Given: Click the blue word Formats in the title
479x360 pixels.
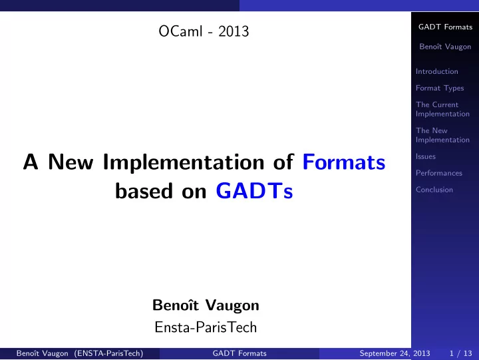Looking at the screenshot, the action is (x=344, y=162).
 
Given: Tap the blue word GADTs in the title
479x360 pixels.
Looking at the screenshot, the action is (x=254, y=191).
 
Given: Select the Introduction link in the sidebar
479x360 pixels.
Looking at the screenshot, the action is (x=437, y=71).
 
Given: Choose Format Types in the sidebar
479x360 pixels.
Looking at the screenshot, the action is (x=440, y=88).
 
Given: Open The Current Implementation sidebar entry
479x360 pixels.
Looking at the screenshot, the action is (x=442, y=109).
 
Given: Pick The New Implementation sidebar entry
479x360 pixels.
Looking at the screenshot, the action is (x=442, y=135).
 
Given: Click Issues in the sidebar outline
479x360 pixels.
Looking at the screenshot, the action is (x=426, y=156).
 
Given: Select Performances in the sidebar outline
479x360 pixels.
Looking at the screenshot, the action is (x=439, y=173).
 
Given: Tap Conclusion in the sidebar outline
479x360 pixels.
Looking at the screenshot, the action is (x=434, y=190).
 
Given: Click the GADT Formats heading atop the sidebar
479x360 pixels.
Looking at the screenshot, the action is (x=445, y=27).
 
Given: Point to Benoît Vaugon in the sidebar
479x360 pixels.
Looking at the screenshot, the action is (x=445, y=47).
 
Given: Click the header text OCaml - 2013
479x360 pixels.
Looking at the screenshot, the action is (x=204, y=31).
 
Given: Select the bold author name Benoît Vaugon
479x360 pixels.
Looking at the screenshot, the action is (x=206, y=305).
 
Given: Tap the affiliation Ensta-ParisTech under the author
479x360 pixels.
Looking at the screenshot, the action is (x=206, y=327).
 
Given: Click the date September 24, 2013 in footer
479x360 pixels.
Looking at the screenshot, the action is (x=395, y=353).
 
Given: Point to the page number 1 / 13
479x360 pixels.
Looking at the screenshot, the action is (x=460, y=353).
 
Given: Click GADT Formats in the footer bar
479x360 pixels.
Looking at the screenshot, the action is (x=239, y=353).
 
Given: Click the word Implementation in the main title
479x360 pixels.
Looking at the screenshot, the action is (x=184, y=162).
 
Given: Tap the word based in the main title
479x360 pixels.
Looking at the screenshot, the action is (x=144, y=191).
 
